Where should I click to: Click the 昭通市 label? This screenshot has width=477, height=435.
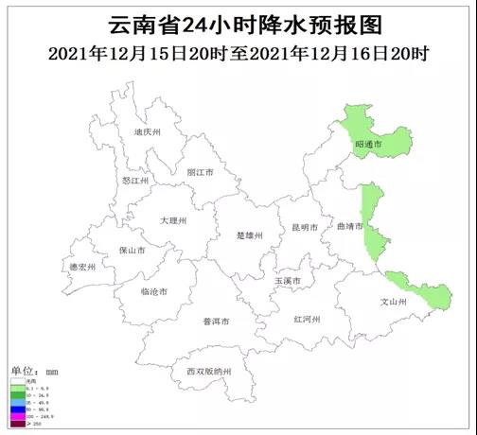pyautogui.click(x=367, y=144)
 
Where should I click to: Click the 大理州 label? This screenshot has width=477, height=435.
pyautogui.click(x=173, y=220)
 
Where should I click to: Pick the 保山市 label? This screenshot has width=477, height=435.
pyautogui.click(x=132, y=252)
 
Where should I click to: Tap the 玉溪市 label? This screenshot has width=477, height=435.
pyautogui.click(x=288, y=281)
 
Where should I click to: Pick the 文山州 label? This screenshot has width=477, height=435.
pyautogui.click(x=392, y=303)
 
